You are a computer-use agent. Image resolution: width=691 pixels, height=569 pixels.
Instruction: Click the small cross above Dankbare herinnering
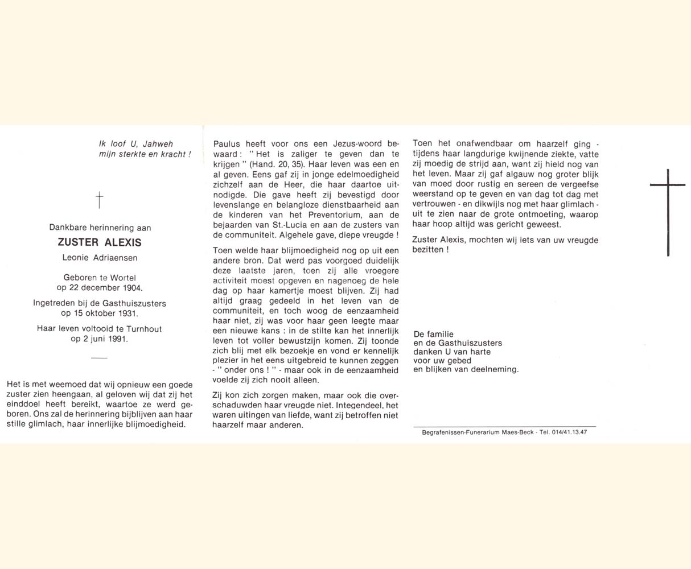100,200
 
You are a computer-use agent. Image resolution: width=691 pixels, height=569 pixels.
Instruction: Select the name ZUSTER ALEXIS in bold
100,242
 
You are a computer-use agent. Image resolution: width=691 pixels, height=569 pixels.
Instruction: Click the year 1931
127,313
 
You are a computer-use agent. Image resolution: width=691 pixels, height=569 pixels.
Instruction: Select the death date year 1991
117,339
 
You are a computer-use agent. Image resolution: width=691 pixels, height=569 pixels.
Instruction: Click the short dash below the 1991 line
99,358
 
